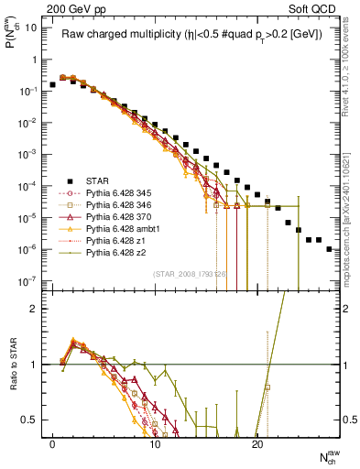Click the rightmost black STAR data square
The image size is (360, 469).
tap(329, 248)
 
